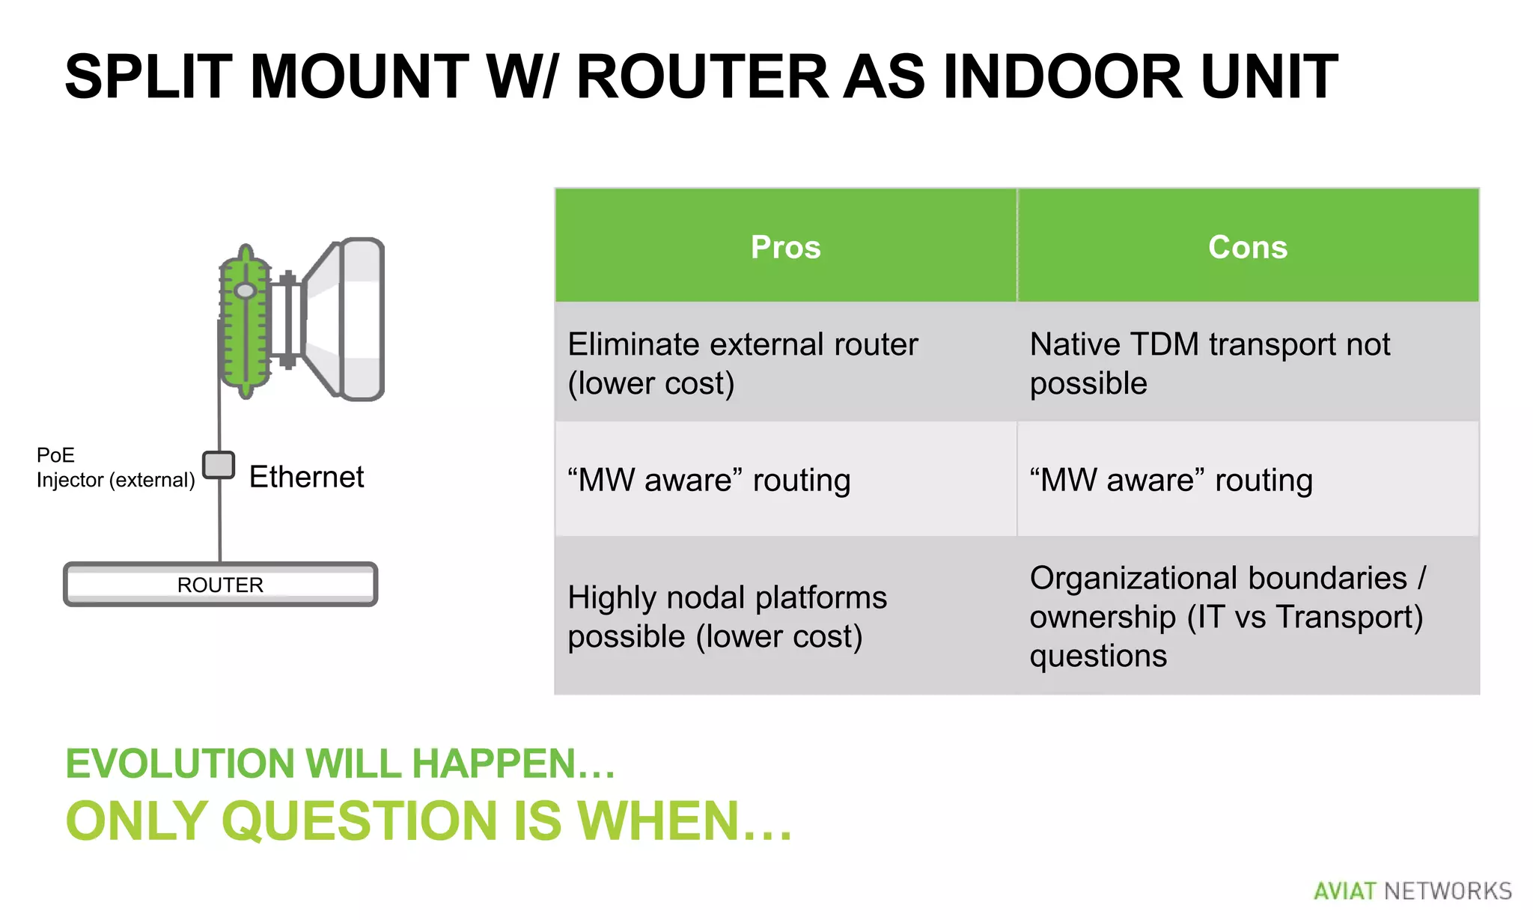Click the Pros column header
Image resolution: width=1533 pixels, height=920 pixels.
[x=785, y=247]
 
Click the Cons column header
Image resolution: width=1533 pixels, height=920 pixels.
[x=1248, y=247]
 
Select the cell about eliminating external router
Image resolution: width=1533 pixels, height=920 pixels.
[x=785, y=363]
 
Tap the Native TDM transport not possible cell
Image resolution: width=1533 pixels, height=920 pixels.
[x=1248, y=363]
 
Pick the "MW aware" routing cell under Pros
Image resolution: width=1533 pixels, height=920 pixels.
[x=785, y=480]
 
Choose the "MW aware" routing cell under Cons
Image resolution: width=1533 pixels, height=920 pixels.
[x=1248, y=480]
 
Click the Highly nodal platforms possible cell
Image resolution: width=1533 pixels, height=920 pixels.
[x=785, y=616]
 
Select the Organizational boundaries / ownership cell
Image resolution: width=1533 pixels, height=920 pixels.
[x=1248, y=616]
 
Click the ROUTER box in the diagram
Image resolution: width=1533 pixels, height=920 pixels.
[x=220, y=585]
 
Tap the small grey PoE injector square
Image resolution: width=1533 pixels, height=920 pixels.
[x=219, y=465]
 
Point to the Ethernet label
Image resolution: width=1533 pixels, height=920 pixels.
[x=306, y=477]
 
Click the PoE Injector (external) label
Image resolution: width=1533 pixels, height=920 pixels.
[x=115, y=468]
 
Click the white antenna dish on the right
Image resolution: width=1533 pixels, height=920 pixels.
[x=352, y=320]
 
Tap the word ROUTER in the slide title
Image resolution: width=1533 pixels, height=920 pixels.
[x=702, y=76]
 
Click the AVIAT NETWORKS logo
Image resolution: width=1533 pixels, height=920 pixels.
[x=1412, y=891]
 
